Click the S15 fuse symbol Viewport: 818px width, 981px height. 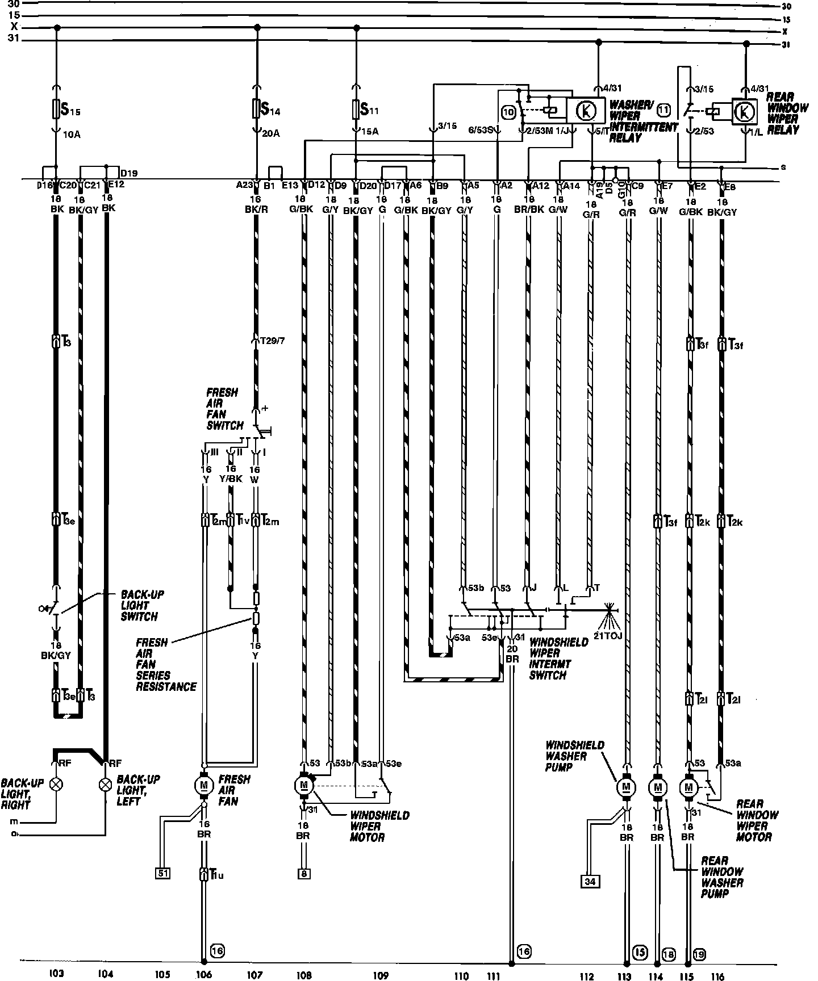click(x=56, y=109)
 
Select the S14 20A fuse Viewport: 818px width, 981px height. click(x=256, y=108)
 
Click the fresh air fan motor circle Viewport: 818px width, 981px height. click(x=203, y=786)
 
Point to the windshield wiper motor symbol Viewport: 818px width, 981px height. click(x=303, y=785)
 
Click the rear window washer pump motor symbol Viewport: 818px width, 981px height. click(x=658, y=787)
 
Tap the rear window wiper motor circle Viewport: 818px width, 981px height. click(x=689, y=787)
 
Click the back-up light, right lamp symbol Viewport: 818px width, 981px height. click(x=56, y=785)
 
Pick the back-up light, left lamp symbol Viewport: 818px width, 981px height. click(x=105, y=785)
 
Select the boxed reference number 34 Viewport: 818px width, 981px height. click(x=590, y=881)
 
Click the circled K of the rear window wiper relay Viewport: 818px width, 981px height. click(x=744, y=111)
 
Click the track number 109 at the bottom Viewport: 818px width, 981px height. click(x=381, y=975)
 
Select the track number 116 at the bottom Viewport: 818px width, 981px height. click(x=717, y=976)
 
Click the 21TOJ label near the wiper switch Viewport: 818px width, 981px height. click(x=608, y=635)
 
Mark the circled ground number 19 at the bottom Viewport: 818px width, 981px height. click(x=699, y=955)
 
